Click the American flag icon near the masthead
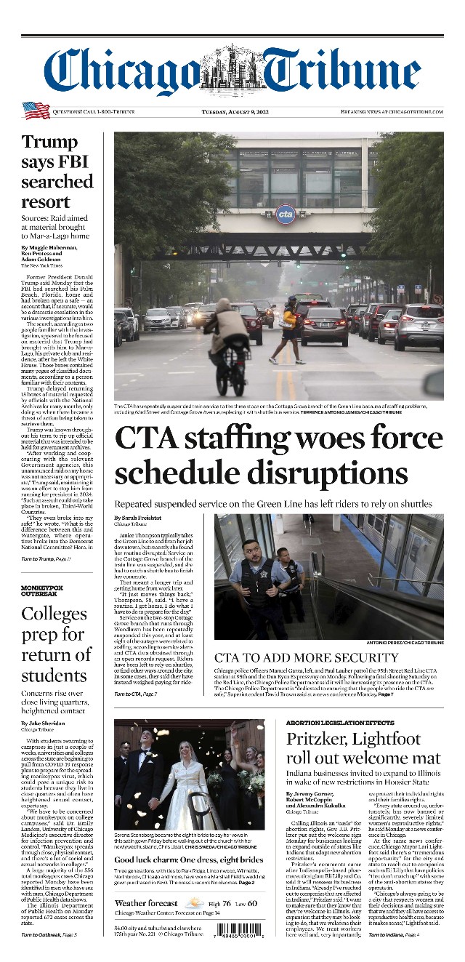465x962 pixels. (36, 111)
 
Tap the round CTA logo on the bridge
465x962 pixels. (286, 213)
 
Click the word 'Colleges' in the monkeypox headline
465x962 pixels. (54, 614)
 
